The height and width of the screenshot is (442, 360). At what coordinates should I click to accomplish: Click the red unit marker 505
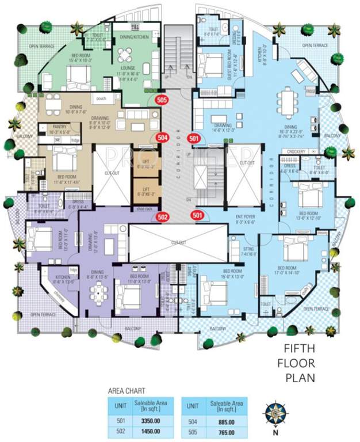pos(162,99)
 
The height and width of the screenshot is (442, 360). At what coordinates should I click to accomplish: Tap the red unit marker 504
pos(162,138)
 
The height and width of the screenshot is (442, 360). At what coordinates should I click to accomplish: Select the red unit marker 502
pos(162,217)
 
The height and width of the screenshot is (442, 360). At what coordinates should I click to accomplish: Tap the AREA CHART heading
pos(125,390)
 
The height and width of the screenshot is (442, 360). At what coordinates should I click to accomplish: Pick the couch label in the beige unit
pos(101,98)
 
